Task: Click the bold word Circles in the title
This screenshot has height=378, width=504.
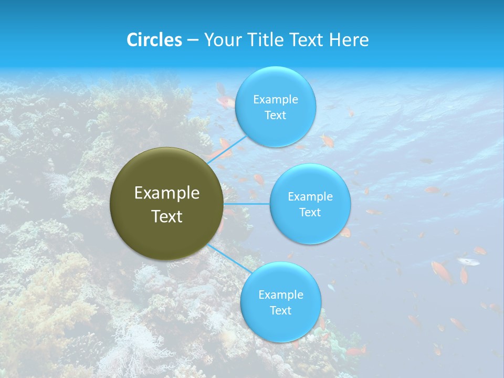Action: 154,40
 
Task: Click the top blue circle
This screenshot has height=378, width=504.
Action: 275,107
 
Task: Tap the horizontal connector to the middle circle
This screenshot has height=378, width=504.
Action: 247,204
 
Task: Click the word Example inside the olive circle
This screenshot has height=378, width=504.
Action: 167,193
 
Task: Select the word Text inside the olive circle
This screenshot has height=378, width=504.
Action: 167,216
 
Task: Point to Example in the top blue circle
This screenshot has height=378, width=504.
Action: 275,100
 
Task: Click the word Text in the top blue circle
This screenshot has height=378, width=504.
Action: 275,115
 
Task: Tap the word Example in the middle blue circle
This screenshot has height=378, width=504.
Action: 310,197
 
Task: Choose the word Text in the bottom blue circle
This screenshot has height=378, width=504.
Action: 280,311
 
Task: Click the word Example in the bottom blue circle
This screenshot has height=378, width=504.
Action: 280,295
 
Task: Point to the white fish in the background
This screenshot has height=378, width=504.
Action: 467,261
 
